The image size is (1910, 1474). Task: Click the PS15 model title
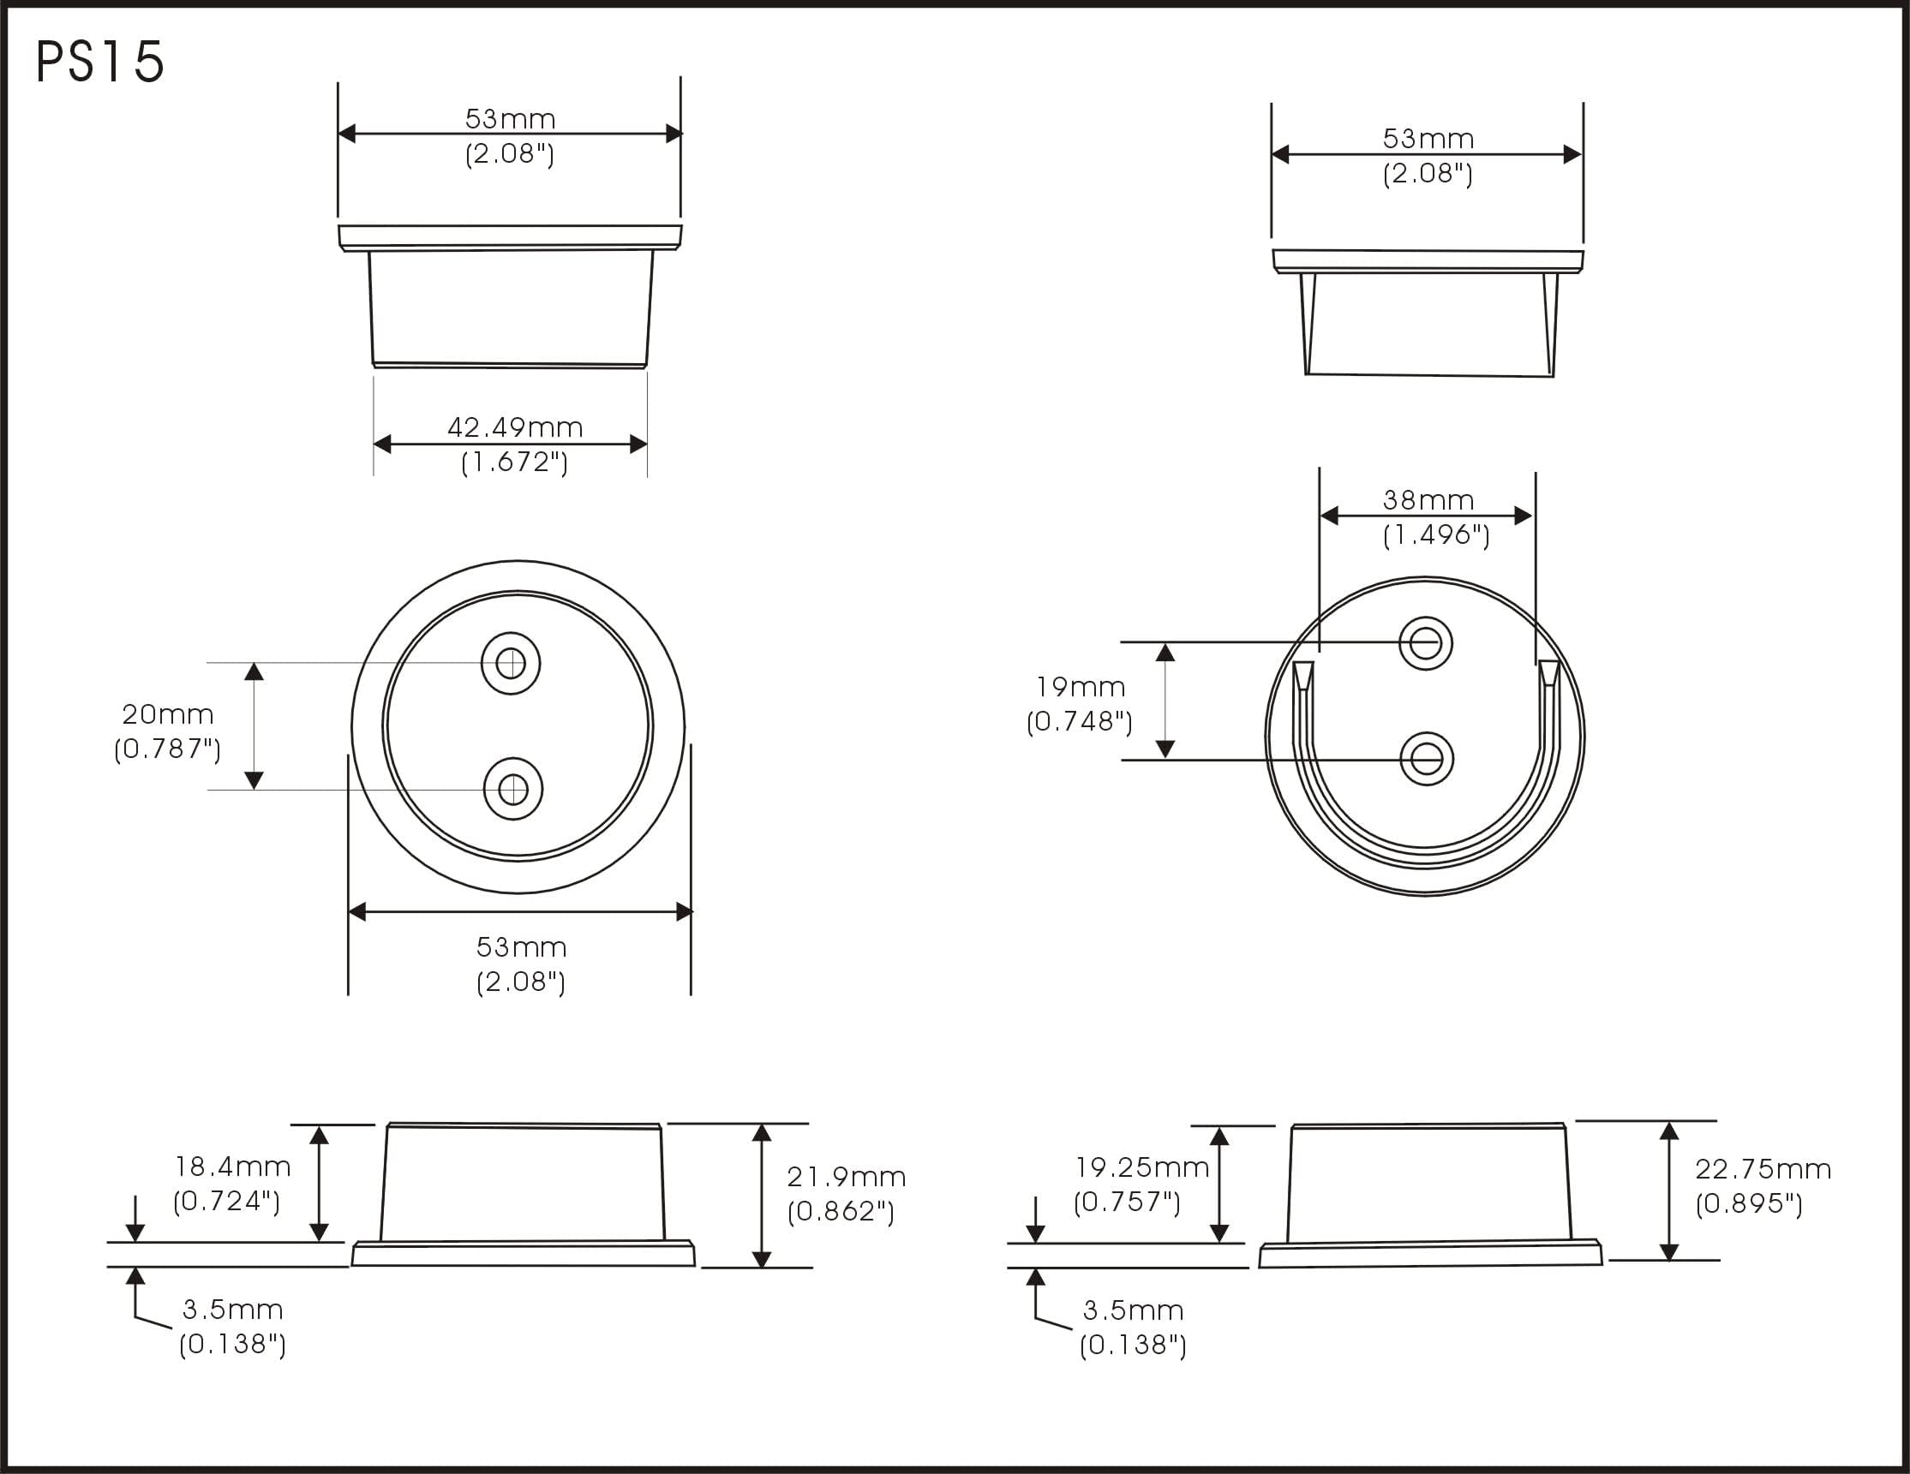tap(99, 62)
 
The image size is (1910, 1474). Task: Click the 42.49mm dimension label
tap(514, 427)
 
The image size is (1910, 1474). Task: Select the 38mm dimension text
tap(1428, 500)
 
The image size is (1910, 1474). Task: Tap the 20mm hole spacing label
tap(167, 714)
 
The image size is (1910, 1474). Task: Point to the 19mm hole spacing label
tap(1080, 687)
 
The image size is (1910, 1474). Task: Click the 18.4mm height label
tap(232, 1167)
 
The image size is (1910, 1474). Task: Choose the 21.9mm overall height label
tap(846, 1177)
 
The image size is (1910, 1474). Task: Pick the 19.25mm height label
tap(1141, 1167)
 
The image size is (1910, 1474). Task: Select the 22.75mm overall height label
tap(1763, 1169)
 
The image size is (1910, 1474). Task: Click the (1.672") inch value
tap(514, 462)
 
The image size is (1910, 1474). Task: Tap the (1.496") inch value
tap(1436, 534)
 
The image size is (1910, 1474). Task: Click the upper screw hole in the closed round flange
tap(511, 664)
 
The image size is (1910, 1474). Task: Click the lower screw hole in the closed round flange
tap(513, 790)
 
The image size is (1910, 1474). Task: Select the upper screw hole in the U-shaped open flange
tap(1426, 643)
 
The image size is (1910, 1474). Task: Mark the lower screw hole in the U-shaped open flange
tap(1427, 759)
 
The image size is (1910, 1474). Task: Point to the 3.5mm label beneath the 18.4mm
tap(232, 1310)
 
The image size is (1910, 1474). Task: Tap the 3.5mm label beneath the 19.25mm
tap(1133, 1310)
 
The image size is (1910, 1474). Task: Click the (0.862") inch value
tap(841, 1211)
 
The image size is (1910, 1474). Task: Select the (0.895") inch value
tap(1749, 1204)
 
